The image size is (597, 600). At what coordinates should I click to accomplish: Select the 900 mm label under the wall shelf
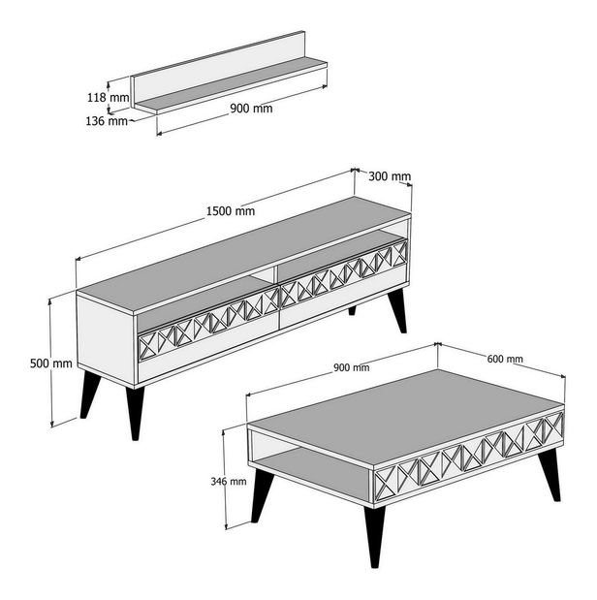(x=251, y=109)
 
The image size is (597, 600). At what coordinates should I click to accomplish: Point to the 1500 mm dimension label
(x=231, y=210)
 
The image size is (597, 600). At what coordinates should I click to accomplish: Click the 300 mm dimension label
(x=391, y=176)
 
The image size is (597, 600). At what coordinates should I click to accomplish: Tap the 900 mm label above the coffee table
(x=351, y=367)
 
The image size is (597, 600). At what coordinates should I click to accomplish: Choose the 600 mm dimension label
(x=505, y=359)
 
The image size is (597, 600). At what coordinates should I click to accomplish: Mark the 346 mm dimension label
(x=226, y=480)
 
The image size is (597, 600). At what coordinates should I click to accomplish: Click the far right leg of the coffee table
(x=550, y=473)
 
